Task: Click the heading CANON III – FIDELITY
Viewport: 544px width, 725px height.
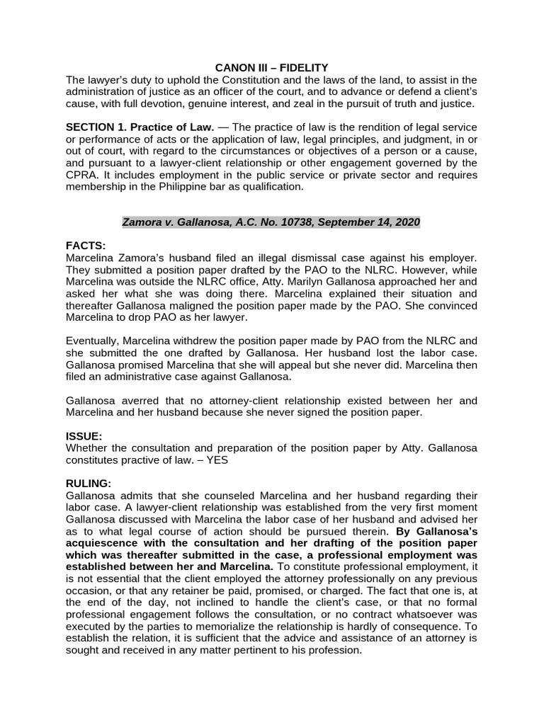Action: (272, 67)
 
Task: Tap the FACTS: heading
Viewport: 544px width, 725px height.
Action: (85, 245)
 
